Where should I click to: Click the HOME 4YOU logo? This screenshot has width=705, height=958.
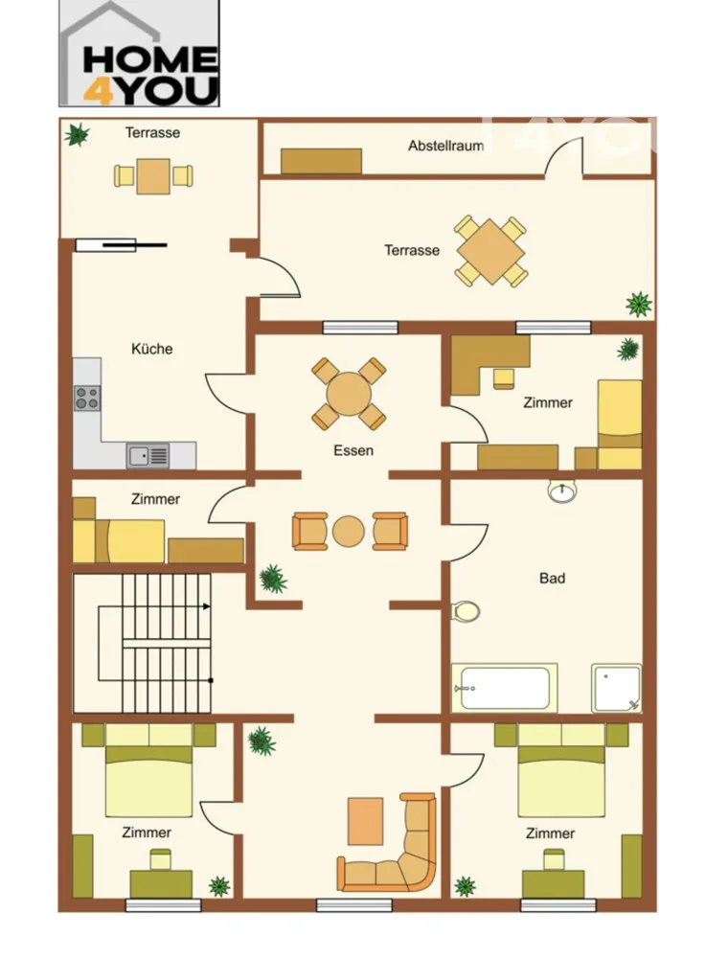[139, 54]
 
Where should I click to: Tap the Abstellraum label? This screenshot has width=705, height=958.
[446, 146]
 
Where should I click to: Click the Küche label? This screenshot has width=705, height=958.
[152, 349]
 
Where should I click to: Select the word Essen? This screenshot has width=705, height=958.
[353, 451]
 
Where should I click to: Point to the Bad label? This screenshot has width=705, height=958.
[553, 578]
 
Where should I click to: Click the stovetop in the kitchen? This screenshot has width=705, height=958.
[87, 398]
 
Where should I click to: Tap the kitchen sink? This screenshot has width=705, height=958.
[148, 456]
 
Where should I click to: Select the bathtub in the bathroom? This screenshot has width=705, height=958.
[505, 688]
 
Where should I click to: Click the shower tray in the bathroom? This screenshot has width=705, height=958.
[617, 688]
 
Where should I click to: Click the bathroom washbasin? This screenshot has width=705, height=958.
[561, 490]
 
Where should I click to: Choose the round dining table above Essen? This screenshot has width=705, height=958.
[349, 394]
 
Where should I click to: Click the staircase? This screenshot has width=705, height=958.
[143, 643]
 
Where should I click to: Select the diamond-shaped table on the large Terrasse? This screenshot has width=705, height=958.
[490, 251]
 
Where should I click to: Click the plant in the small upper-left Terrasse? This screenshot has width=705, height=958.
[78, 134]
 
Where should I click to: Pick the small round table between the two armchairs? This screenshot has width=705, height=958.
[349, 532]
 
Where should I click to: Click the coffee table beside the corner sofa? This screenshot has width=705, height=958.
[366, 821]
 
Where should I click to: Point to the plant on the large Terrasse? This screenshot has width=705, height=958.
[638, 304]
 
